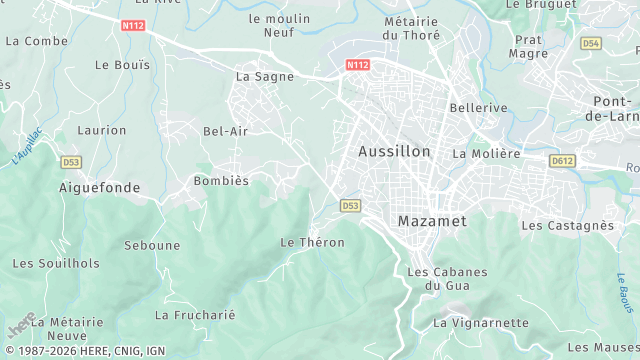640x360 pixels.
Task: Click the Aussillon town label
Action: [x=394, y=152]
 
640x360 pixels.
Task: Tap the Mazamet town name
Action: [x=433, y=220]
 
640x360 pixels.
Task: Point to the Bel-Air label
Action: [x=225, y=131]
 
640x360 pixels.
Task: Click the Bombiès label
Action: [x=220, y=181]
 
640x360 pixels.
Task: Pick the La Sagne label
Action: [x=264, y=76]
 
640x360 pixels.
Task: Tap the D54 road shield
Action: [x=590, y=44]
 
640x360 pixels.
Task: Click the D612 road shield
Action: [x=562, y=160]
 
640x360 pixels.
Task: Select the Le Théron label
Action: [x=312, y=243]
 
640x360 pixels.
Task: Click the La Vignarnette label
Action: [x=480, y=323]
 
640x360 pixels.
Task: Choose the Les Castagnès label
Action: [x=567, y=226]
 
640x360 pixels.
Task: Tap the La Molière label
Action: [x=486, y=154]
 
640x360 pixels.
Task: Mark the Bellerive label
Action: [x=479, y=107]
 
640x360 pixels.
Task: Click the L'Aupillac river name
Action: [x=27, y=146]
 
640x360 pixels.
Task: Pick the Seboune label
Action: [x=152, y=245]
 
